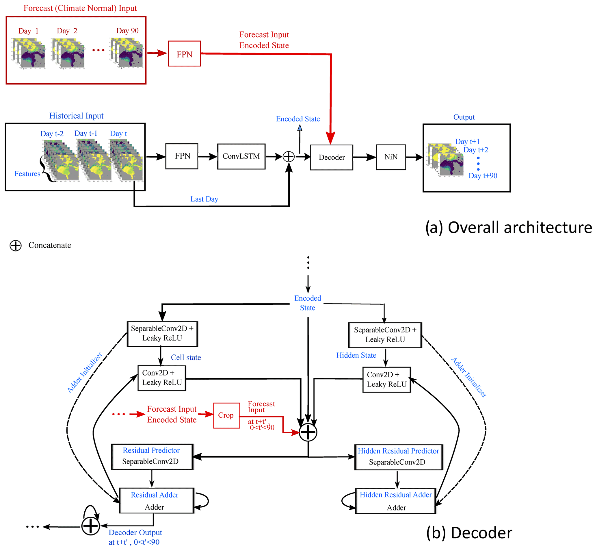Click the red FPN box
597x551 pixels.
pos(184,54)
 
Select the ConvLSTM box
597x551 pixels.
pos(241,156)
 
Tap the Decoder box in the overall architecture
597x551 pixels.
pos(332,158)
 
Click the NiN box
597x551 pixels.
pos(391,157)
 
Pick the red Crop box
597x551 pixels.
pos(227,416)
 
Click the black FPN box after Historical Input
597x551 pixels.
pos(182,156)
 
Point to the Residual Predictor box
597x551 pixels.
pos(152,457)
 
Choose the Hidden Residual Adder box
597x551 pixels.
pos(396,501)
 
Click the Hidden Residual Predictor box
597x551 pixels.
pos(399,457)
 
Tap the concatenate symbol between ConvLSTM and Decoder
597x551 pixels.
pos(289,156)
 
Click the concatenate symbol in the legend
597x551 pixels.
pos(16,246)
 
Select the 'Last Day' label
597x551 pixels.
pos(204,199)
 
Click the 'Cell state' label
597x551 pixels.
pos(186,358)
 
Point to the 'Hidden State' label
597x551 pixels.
pos(356,355)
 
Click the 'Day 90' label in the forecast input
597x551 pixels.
pos(127,31)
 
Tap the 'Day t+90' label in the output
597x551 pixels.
pos(483,176)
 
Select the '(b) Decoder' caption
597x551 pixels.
pos(469,533)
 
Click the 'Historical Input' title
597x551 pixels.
pos(76,116)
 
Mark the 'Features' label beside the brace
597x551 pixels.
pos(27,174)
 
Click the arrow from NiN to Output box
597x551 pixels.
pos(414,157)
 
